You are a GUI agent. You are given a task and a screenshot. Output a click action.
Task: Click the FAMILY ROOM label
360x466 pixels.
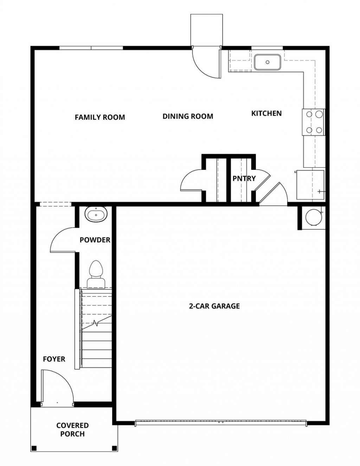100,117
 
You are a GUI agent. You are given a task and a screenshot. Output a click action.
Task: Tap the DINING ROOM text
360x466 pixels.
188,116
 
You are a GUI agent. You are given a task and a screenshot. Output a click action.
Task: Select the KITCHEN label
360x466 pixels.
266,113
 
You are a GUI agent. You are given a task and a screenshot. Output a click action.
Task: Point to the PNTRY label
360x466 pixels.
244,178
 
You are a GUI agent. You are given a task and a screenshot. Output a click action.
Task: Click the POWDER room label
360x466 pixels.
95,240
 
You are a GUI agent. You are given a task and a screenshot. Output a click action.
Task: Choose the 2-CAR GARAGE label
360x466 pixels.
214,306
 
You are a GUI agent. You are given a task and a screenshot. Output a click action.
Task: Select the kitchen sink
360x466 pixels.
268,62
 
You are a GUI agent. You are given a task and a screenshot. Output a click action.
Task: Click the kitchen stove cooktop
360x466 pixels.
314,122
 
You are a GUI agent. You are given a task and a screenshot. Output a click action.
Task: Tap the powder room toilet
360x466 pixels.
96,275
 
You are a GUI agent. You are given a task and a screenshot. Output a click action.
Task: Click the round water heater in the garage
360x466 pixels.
314,217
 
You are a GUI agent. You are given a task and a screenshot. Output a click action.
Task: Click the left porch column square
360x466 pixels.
34,454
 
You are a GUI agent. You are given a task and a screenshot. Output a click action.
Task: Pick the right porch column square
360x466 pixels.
115,454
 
